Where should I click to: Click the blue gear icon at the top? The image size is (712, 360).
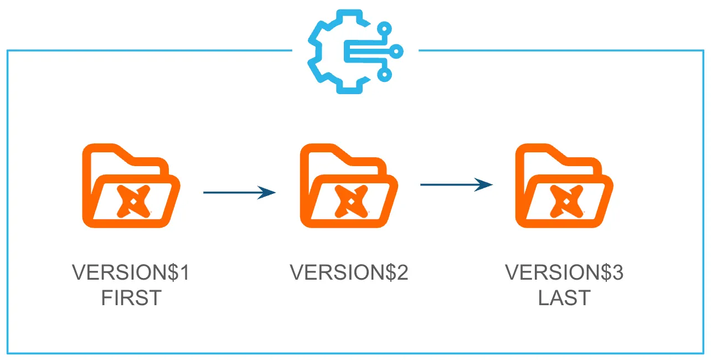click(354, 52)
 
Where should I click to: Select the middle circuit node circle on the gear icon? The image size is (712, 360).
click(397, 52)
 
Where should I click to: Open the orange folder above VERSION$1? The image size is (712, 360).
click(131, 186)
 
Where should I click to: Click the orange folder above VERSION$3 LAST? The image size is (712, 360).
click(564, 186)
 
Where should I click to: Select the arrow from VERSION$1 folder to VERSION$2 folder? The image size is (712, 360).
click(239, 192)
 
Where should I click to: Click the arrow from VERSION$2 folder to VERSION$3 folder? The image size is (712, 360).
click(456, 184)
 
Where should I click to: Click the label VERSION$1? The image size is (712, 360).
click(131, 272)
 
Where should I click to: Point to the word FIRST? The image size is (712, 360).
click(131, 299)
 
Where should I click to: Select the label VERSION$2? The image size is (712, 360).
click(349, 272)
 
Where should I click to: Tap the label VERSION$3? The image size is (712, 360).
click(564, 272)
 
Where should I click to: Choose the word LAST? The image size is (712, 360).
click(564, 299)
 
